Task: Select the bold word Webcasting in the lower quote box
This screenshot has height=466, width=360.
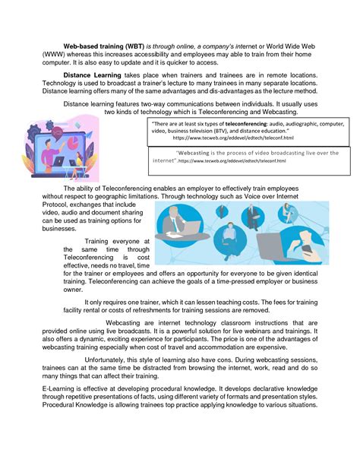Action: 195,153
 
